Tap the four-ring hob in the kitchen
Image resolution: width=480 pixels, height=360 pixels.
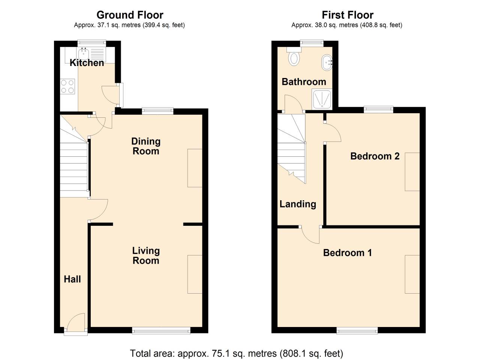pyautogui.click(x=67, y=86)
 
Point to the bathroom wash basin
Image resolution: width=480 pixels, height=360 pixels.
pyautogui.click(x=327, y=62)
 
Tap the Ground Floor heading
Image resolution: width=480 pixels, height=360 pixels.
pyautogui.click(x=130, y=15)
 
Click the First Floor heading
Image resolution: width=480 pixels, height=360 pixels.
pyautogui.click(x=348, y=15)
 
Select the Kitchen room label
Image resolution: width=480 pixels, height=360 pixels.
pyautogui.click(x=87, y=63)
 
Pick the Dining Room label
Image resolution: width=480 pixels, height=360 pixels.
pyautogui.click(x=146, y=146)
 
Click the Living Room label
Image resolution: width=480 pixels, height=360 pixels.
pyautogui.click(x=146, y=255)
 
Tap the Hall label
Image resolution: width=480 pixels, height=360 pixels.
pyautogui.click(x=72, y=279)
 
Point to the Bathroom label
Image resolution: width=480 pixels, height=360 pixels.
pyautogui.click(x=304, y=82)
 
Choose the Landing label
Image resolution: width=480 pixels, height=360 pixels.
pyautogui.click(x=298, y=204)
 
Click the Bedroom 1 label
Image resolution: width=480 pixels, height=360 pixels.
pyautogui.click(x=347, y=253)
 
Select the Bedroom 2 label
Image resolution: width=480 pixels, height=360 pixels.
pyautogui.click(x=375, y=156)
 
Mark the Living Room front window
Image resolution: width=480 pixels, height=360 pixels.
pyautogui.click(x=161, y=331)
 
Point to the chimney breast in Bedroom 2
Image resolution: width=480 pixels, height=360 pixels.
pyautogui.click(x=412, y=172)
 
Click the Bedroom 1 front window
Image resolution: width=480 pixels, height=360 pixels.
pyautogui.click(x=357, y=331)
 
